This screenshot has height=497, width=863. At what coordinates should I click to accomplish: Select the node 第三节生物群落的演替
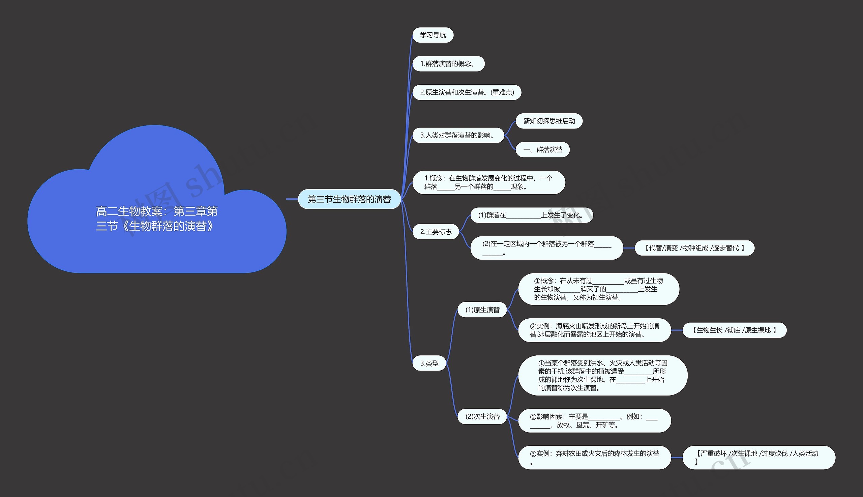[x=349, y=199]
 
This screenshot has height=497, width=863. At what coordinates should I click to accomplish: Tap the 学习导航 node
[x=433, y=35]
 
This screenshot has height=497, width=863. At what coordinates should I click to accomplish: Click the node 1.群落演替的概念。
[x=448, y=64]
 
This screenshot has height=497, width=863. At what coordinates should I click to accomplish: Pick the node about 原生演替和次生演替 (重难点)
[x=467, y=92]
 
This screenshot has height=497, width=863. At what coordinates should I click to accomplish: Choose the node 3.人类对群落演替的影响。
[x=457, y=136]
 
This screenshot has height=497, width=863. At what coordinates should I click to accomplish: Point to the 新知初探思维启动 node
[x=549, y=121]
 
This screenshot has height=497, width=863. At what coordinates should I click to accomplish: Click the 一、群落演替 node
[x=542, y=150]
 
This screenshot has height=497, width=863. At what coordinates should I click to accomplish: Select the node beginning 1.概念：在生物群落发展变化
[x=488, y=182]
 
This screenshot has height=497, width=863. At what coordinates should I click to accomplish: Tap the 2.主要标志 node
[x=436, y=232]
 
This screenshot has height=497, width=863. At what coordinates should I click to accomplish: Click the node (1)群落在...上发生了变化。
[x=531, y=215]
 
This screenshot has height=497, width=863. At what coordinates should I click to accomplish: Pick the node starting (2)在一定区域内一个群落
[x=546, y=248]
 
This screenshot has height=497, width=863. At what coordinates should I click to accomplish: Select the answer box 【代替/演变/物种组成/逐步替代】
[x=694, y=248]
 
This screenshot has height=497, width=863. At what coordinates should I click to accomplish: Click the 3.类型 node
[x=429, y=363]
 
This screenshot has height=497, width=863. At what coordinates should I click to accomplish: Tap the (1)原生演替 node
[x=482, y=310]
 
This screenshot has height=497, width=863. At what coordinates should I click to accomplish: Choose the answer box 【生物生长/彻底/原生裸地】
[x=734, y=330]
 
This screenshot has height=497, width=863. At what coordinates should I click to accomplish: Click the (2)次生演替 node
[x=482, y=416]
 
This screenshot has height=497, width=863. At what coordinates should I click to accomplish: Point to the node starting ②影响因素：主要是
[x=594, y=420]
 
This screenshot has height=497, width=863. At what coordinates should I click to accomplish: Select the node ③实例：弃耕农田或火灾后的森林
[x=594, y=458]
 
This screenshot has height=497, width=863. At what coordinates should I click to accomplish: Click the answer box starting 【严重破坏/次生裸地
[x=758, y=458]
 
